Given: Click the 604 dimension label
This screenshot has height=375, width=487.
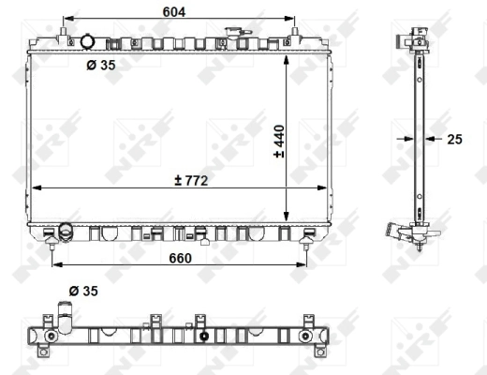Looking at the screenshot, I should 174,11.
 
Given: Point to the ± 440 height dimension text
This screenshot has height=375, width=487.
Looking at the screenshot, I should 279,142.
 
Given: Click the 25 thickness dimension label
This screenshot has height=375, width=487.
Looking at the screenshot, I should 455,139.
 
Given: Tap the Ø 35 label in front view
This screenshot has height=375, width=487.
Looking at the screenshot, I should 100,66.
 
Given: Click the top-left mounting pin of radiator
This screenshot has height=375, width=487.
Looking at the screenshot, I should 63,35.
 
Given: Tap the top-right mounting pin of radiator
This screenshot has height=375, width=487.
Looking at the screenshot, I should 297,35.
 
